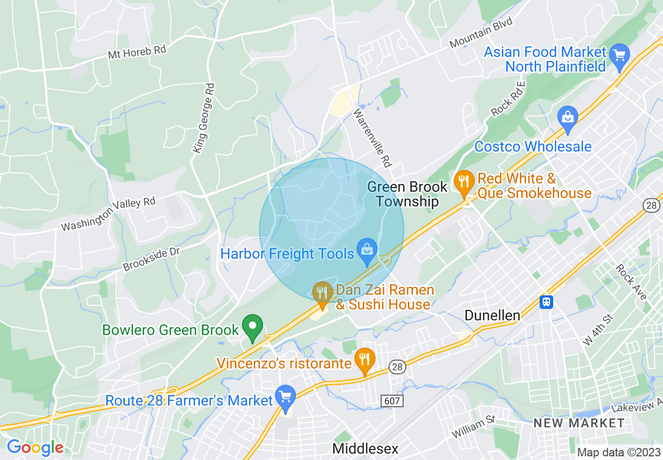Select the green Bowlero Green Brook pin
[x=253, y=327]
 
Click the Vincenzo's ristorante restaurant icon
[x=364, y=360]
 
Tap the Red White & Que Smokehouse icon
[x=464, y=182]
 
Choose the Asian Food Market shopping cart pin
[x=620, y=55]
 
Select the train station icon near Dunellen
[x=547, y=302]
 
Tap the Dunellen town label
[x=493, y=315]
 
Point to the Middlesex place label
[x=365, y=448]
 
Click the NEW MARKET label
[x=579, y=423]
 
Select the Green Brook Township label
[x=407, y=194]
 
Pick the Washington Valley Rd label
[x=108, y=214]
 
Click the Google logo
[x=35, y=447]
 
